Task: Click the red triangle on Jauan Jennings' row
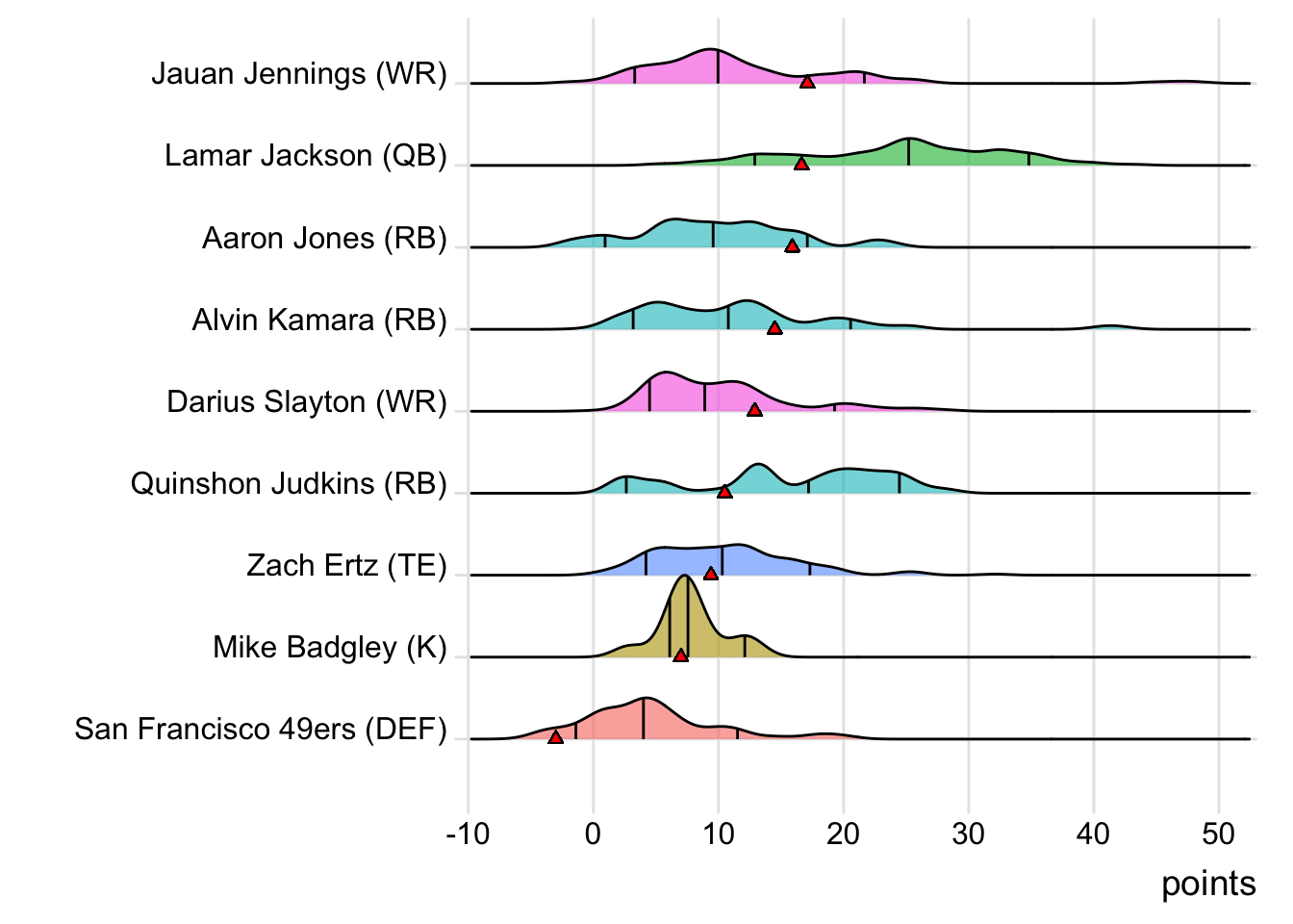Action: point(807,83)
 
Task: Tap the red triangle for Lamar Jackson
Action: point(801,165)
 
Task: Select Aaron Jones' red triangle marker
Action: point(792,246)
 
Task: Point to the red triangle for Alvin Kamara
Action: point(774,328)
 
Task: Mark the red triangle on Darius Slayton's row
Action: point(754,410)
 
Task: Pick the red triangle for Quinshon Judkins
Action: point(724,492)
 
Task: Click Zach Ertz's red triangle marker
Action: point(711,574)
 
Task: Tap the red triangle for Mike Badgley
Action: point(680,655)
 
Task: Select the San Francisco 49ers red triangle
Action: point(555,737)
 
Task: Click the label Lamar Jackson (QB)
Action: point(306,155)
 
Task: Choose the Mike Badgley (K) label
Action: point(330,647)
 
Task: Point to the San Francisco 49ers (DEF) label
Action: point(261,729)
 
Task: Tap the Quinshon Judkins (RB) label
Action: point(289,483)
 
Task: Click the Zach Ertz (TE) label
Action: point(346,565)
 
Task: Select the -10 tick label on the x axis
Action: point(468,834)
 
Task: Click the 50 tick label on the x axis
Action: point(1218,834)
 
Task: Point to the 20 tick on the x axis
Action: point(843,834)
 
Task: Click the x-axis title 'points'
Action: point(1208,884)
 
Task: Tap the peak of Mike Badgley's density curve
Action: point(684,576)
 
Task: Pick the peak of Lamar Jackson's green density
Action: point(909,139)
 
